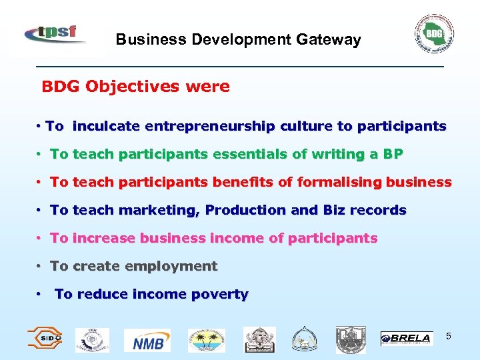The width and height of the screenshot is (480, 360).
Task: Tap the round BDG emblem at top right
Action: (434, 33)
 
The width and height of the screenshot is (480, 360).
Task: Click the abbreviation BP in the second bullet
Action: (393, 154)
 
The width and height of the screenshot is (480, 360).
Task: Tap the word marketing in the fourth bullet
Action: (159, 210)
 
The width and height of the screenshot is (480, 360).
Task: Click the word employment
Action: (175, 266)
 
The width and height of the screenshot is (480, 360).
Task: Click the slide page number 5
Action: (449, 336)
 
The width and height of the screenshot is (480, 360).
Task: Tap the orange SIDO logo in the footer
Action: (44, 339)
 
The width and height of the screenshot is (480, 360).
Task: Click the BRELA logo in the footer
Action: (405, 339)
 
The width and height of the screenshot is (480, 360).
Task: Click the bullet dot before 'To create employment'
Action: (40, 266)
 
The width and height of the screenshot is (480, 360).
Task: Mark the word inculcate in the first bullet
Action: (107, 126)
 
